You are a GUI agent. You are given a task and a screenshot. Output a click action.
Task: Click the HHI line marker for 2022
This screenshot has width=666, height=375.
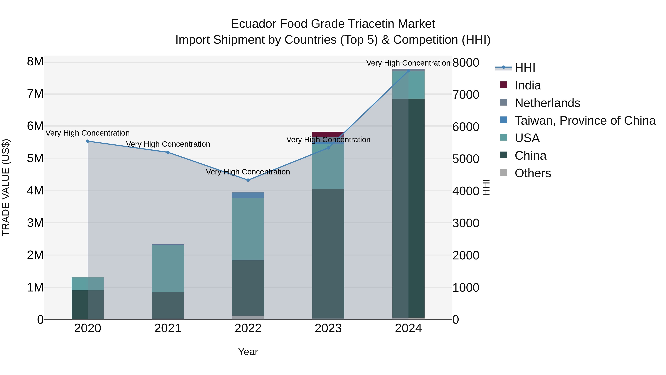click(248, 180)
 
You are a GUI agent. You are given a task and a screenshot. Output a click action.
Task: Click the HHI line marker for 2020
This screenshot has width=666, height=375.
click(88, 141)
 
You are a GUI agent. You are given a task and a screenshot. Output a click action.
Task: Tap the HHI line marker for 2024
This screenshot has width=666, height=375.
click(408, 71)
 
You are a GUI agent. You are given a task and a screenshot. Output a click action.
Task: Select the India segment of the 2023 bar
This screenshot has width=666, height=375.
click(328, 134)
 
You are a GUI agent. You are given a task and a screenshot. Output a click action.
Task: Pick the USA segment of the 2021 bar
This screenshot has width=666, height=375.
click(168, 268)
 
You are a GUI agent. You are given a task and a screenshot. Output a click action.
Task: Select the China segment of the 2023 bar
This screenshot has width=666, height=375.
click(328, 254)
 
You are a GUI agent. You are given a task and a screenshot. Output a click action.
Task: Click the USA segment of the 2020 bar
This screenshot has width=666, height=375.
click(88, 284)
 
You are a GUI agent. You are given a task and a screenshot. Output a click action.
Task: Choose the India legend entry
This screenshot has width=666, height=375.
click(527, 85)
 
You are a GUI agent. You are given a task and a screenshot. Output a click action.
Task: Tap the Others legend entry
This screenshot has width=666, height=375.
click(533, 173)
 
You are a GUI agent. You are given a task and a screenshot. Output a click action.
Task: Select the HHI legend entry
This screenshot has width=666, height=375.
click(525, 68)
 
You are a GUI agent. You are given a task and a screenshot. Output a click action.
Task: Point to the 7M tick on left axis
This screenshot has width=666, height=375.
click(35, 94)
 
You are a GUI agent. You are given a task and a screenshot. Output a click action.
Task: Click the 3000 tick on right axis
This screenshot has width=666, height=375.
click(466, 223)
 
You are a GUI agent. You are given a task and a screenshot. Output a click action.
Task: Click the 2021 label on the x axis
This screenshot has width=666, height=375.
click(168, 328)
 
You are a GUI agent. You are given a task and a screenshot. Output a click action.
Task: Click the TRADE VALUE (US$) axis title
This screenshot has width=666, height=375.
click(6, 187)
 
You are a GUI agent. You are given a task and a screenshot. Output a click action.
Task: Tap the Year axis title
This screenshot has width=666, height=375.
click(248, 352)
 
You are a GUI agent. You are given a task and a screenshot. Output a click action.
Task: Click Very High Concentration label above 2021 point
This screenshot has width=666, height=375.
click(168, 144)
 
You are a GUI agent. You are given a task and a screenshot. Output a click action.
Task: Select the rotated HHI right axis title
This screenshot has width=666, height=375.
click(486, 187)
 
